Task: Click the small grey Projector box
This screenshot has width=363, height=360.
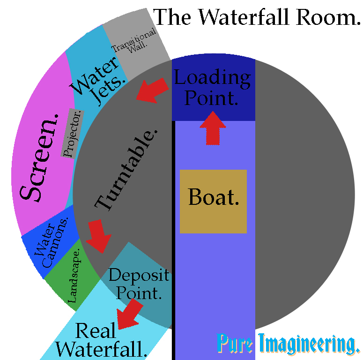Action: [72, 133]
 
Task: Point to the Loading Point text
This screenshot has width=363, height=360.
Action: [212, 88]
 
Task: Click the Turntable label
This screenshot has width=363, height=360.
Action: [126, 169]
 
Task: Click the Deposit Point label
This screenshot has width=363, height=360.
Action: [138, 284]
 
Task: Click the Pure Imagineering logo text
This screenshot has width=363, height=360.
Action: [288, 345]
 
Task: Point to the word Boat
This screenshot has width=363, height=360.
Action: [214, 197]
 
